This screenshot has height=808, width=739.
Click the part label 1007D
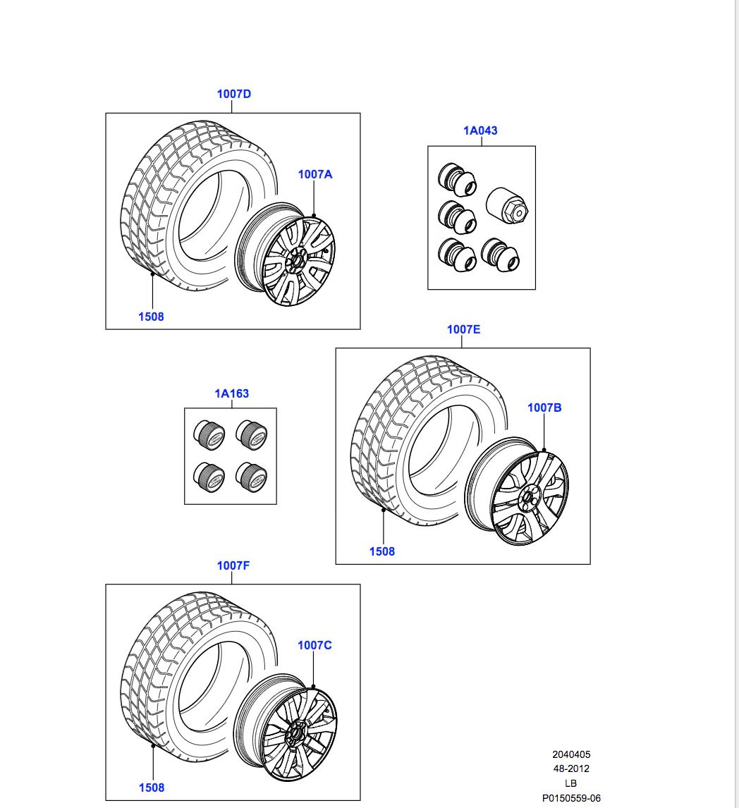click(233, 94)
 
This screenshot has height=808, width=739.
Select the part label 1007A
click(314, 174)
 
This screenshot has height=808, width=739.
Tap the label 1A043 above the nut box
click(480, 130)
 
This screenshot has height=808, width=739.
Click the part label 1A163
click(231, 393)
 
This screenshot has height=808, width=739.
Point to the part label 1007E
click(463, 329)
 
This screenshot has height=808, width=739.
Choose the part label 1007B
click(544, 408)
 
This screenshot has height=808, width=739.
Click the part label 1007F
click(233, 565)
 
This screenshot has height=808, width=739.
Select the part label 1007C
click(314, 645)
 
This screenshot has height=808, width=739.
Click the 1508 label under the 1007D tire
click(151, 317)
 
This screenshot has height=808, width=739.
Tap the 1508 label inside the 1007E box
click(381, 551)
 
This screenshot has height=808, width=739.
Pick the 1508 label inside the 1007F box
click(151, 788)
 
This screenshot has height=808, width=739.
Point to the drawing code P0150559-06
click(571, 798)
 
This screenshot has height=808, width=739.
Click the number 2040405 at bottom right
click(571, 754)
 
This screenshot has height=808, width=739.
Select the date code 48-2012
click(571, 769)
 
